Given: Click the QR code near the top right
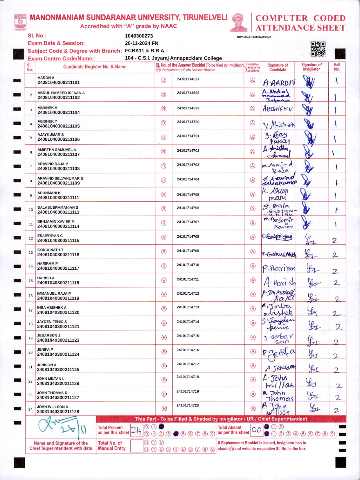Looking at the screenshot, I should click(x=318, y=49).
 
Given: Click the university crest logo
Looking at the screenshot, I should click(x=20, y=22).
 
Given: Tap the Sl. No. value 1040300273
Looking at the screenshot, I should click(x=139, y=36).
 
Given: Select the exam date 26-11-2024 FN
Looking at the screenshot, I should click(x=141, y=43).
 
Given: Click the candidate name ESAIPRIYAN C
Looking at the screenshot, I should click(x=50, y=236).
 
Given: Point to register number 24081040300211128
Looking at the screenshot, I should click(x=58, y=411).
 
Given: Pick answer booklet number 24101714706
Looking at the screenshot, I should click(x=188, y=208).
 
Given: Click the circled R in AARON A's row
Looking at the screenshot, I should click(x=163, y=80).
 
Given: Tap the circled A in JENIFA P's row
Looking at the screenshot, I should click(x=253, y=352).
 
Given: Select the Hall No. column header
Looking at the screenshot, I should click(x=337, y=67).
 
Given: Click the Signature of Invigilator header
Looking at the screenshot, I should click(x=311, y=67).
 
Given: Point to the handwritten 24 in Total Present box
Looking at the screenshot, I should click(x=136, y=430).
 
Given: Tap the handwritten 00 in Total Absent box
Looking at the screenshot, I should click(x=257, y=430).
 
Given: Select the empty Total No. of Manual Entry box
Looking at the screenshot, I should click(x=136, y=446).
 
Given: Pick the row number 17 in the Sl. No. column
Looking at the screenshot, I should click(x=30, y=310).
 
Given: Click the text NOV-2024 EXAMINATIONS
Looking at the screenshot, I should click(x=254, y=37).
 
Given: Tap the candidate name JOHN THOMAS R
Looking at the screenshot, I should click(x=52, y=393).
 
